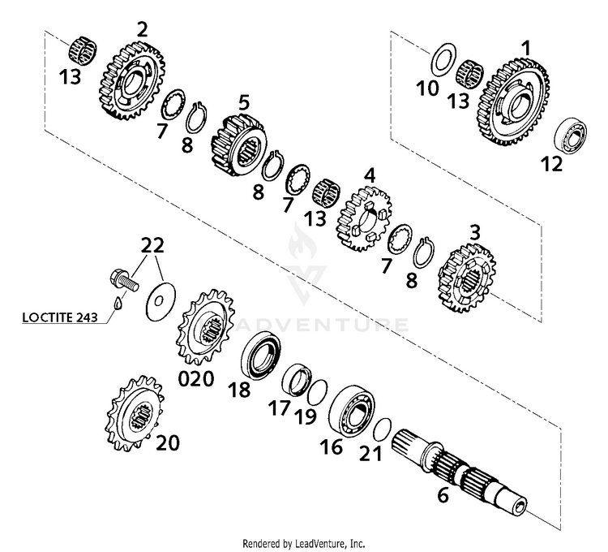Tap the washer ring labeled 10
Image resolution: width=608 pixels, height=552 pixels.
pos(442,60)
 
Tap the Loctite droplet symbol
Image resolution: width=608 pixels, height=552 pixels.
pos(118,306)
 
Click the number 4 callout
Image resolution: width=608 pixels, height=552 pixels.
pos(370,175)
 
